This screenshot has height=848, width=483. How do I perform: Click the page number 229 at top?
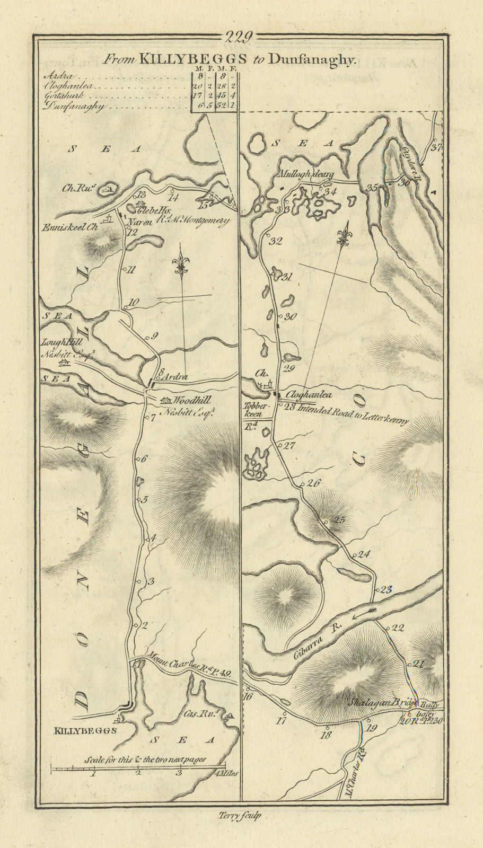point(242,37)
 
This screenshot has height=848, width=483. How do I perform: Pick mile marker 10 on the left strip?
point(134,303)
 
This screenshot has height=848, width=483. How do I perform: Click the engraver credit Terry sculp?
point(240,817)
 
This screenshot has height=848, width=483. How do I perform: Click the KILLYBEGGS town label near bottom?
point(85,730)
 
